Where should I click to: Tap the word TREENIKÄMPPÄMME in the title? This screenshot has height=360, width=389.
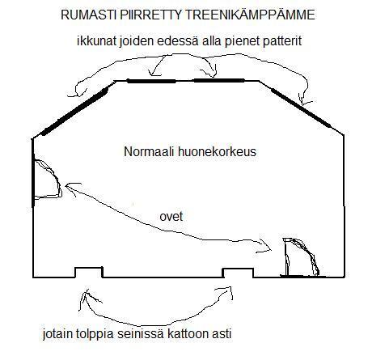(250, 14)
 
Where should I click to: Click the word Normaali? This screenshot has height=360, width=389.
(149, 151)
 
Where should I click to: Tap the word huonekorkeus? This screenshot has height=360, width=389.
(217, 151)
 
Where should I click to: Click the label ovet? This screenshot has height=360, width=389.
(171, 217)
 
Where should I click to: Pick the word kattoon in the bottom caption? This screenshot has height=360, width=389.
(188, 334)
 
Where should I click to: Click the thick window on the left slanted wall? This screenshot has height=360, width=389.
(74, 112)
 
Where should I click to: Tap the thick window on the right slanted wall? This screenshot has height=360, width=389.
(301, 108)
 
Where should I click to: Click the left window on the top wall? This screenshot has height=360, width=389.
(151, 81)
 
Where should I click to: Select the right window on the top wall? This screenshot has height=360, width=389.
(219, 80)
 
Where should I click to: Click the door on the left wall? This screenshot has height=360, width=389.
(46, 180)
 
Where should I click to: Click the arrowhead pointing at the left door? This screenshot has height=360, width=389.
(71, 188)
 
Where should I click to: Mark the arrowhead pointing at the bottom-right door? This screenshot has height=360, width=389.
(265, 246)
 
